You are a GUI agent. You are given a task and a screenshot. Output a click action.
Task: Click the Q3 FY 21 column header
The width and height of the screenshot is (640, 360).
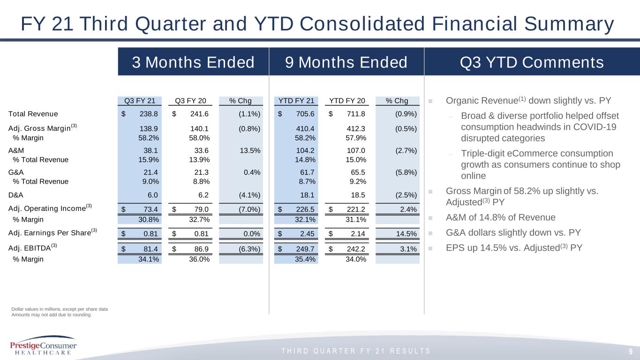(x=140, y=101)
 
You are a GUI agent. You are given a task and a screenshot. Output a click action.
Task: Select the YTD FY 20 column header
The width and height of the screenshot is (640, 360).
(x=347, y=101)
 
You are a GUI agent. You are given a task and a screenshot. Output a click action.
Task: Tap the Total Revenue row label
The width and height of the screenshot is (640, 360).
(x=33, y=114)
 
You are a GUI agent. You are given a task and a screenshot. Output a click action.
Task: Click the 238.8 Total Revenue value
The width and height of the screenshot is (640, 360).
(x=149, y=114)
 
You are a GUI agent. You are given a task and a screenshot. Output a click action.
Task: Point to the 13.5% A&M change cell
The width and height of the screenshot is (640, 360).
(x=250, y=150)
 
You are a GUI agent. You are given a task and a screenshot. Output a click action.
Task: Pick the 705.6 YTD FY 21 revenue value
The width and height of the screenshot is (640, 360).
(x=305, y=114)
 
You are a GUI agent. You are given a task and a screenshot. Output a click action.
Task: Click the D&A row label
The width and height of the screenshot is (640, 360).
(x=16, y=195)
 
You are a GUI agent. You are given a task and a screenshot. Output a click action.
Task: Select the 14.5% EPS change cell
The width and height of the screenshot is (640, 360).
(x=407, y=234)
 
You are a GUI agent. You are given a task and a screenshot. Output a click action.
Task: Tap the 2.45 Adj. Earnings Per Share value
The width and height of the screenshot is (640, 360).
(x=307, y=234)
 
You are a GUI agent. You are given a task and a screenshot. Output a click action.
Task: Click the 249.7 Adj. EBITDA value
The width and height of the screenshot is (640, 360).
(x=305, y=249)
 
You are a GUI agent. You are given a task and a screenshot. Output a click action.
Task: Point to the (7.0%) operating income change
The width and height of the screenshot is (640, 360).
(x=249, y=210)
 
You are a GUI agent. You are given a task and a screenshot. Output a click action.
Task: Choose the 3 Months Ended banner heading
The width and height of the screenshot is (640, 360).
(x=193, y=62)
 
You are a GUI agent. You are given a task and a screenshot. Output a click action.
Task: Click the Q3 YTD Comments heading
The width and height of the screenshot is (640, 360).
(x=532, y=62)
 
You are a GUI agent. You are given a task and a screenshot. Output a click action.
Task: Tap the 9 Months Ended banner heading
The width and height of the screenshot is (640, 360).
(x=346, y=62)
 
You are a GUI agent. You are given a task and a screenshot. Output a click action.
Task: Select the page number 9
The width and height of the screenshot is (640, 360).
(x=631, y=352)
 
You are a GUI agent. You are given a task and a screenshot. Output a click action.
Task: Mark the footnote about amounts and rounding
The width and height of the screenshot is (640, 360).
(x=51, y=315)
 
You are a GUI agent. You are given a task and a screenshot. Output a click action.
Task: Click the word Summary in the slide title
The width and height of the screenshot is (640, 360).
(x=569, y=24)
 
